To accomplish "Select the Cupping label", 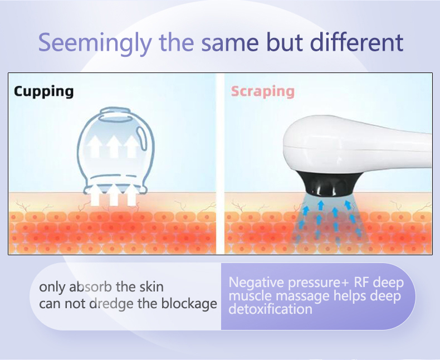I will (43, 91).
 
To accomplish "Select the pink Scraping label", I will (262, 91).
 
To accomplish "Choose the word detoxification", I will (270, 309).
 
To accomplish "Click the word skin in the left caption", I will (151, 288).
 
